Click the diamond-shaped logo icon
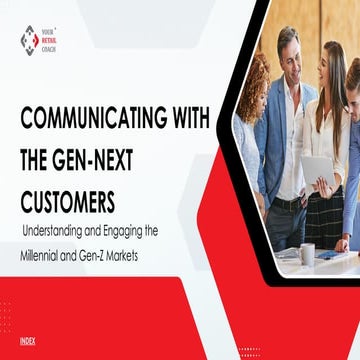coord(30,40)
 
